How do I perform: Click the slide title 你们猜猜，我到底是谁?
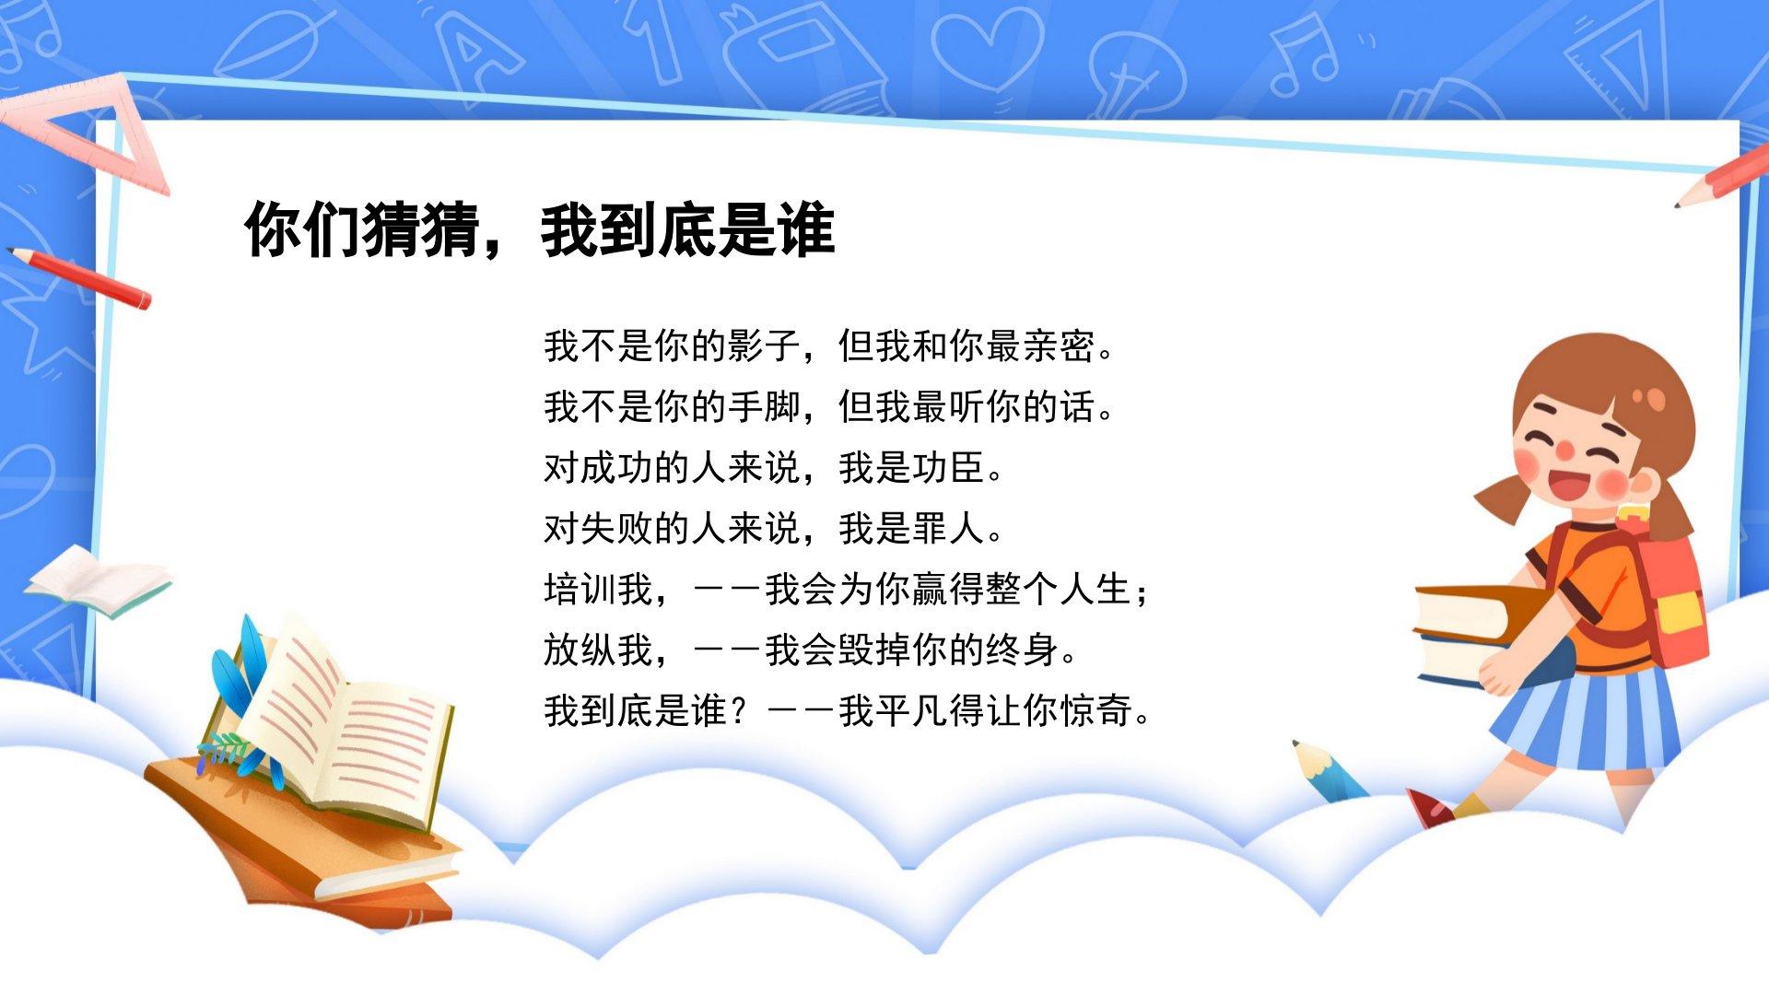click(x=540, y=229)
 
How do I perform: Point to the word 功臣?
click(x=948, y=468)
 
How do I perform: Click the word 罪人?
click(x=948, y=529)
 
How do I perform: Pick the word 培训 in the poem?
click(x=580, y=590)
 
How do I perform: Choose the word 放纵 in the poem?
click(x=580, y=650)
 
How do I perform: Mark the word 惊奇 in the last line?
click(x=1095, y=711)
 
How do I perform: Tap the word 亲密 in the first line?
click(x=1059, y=346)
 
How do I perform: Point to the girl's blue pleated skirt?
click(x=1584, y=719)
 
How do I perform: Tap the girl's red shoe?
click(x=1428, y=808)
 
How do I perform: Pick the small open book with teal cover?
click(x=98, y=580)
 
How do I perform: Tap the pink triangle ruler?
click(x=83, y=134)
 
